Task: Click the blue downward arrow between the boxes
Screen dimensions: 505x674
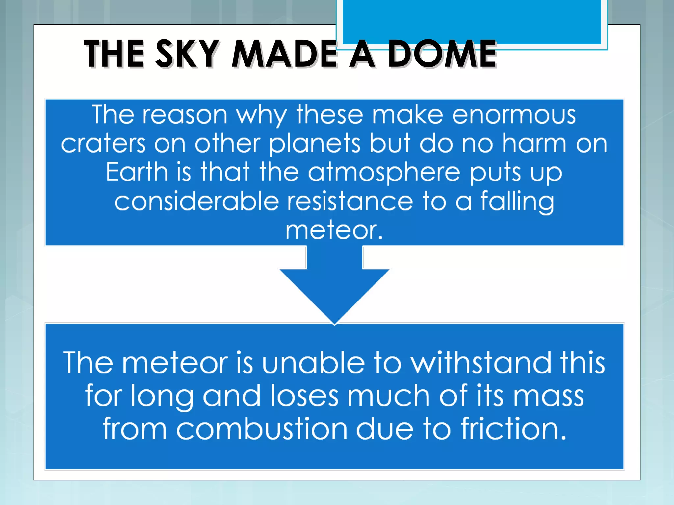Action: coord(334,286)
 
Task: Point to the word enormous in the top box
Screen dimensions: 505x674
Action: coord(514,115)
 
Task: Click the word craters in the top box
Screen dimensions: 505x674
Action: coord(103,144)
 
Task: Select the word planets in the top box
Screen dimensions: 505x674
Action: coord(315,144)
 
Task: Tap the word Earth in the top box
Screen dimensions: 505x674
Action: coord(137,172)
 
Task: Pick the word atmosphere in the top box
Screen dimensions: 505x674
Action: coord(384,172)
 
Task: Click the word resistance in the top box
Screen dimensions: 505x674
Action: coord(350,201)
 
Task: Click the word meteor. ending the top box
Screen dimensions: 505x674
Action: coord(334,230)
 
